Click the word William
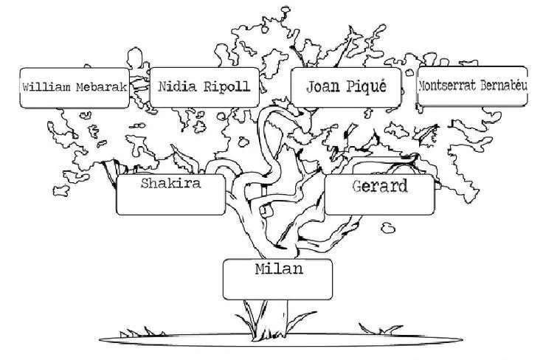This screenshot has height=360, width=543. pyautogui.click(x=47, y=86)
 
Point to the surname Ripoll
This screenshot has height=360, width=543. pyautogui.click(x=226, y=86)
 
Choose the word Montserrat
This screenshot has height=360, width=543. pyautogui.click(x=446, y=85)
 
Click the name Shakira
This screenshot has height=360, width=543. pyautogui.click(x=171, y=184)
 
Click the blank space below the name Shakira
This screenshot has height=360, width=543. pyautogui.click(x=171, y=202)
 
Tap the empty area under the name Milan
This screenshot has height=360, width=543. pyautogui.click(x=279, y=288)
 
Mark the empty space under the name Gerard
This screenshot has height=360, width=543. pyautogui.click(x=380, y=204)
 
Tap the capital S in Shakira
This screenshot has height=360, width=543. pyautogui.click(x=145, y=184)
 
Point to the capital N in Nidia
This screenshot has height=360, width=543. pyautogui.click(x=163, y=86)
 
